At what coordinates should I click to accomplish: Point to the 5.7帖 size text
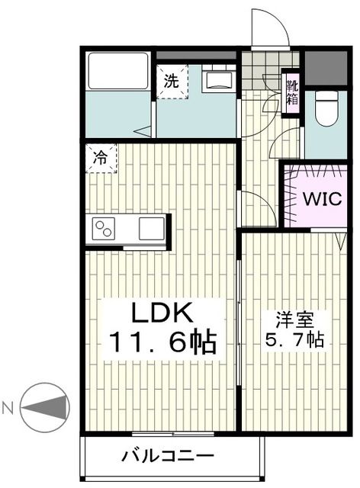coord(294,340)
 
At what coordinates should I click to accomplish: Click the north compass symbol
coord(43,406)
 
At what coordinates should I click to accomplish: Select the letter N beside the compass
coord(8,407)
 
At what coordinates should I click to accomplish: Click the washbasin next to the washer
coord(219,80)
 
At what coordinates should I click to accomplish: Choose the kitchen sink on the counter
coord(149,227)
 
